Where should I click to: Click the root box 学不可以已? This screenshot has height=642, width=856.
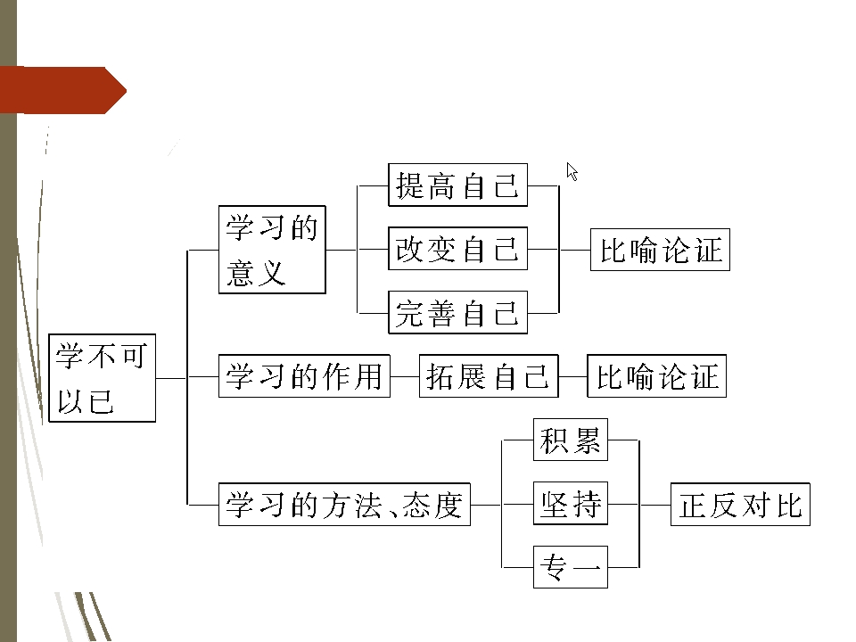(x=102, y=379)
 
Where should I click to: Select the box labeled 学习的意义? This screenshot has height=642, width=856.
(x=272, y=250)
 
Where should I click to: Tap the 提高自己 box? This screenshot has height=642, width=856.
(x=457, y=185)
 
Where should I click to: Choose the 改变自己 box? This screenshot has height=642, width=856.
(x=457, y=249)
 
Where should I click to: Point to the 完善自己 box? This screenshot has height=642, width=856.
(x=457, y=313)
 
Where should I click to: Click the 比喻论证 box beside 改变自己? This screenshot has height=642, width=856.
(x=660, y=250)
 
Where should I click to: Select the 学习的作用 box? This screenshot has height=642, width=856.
(x=304, y=376)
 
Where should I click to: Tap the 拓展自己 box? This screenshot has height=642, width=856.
(x=488, y=376)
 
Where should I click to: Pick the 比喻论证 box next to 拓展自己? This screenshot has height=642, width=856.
(x=656, y=376)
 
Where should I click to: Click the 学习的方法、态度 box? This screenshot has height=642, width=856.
(x=344, y=505)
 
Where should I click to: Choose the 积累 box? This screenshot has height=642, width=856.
(x=571, y=440)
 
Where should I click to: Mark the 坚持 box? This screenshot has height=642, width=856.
(x=571, y=505)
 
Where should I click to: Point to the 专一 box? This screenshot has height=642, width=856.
(x=571, y=567)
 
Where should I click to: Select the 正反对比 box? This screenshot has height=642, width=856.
(x=740, y=505)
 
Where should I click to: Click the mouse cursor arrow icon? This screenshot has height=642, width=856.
(x=572, y=171)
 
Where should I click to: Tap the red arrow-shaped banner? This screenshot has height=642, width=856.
(x=62, y=90)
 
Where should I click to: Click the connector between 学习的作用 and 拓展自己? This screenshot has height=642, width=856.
(x=405, y=376)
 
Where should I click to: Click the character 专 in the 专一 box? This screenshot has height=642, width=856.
(x=555, y=567)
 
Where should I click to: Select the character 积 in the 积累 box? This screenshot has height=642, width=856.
(x=555, y=440)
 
